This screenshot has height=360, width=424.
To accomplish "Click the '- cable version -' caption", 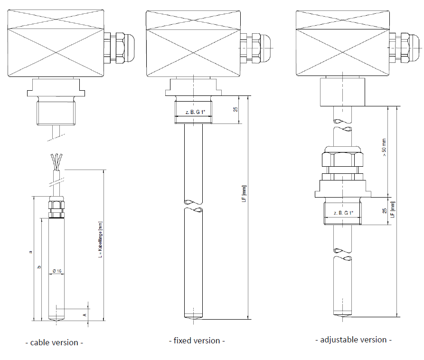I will pos(54,342).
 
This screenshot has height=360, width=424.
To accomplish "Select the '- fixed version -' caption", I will pos(197,341).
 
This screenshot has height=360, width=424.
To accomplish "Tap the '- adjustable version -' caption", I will pos(354,340).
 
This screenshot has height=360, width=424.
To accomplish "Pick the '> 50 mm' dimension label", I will pos(384,149).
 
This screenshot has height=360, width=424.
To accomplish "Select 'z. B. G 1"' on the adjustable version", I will pos(343,213).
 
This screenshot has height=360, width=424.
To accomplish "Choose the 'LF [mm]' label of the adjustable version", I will pos(392,209).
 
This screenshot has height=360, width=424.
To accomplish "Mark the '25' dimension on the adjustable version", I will pos(384,210).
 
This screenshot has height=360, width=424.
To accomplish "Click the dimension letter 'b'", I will pos(39,267).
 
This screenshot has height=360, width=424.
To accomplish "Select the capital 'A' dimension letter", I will pos(84,314).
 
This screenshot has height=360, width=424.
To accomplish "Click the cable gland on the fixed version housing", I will pos(252,47).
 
